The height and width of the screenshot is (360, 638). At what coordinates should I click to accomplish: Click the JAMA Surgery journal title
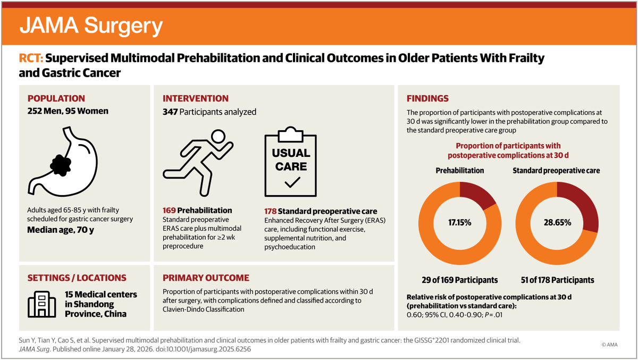[x=91, y=26]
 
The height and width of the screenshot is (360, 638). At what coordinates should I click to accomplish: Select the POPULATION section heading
[x=56, y=98]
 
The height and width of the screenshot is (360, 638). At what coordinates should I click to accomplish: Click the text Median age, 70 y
[x=65, y=230]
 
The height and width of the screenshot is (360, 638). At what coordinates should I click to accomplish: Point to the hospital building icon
[x=43, y=304]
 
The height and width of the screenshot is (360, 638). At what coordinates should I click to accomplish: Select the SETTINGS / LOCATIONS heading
[x=77, y=278]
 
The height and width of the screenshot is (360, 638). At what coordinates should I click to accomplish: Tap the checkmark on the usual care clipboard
[x=291, y=182]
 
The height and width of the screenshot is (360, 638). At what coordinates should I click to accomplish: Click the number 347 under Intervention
[x=170, y=112]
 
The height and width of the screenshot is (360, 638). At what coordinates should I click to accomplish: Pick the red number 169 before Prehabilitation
[x=169, y=210]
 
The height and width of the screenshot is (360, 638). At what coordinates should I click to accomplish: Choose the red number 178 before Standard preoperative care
[x=272, y=210]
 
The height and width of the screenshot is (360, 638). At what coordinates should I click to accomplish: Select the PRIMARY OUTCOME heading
[x=206, y=278]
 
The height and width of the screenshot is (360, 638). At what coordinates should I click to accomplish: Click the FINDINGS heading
[x=427, y=98]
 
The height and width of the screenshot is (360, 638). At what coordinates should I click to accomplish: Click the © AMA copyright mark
[x=610, y=345]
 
